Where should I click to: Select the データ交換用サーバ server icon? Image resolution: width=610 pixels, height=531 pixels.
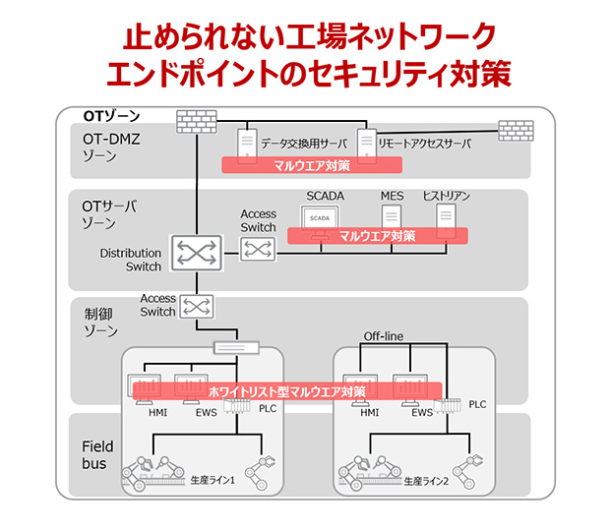(243, 144)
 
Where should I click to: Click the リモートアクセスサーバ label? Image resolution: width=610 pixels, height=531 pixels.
(424, 144)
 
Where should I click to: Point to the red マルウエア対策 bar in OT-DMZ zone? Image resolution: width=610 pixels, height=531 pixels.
(311, 165)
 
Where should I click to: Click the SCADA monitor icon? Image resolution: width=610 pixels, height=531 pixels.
(320, 219)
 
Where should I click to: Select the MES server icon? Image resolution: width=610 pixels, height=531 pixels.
(392, 217)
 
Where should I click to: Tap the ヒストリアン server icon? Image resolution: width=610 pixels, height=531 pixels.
(447, 217)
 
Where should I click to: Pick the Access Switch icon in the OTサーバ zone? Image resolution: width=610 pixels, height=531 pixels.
(258, 251)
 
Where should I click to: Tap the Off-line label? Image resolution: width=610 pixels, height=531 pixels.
(384, 337)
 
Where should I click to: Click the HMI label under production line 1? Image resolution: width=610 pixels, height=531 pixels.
(157, 413)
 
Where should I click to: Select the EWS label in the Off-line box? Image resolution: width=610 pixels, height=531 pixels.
(421, 413)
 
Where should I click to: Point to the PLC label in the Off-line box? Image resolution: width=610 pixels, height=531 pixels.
(477, 404)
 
